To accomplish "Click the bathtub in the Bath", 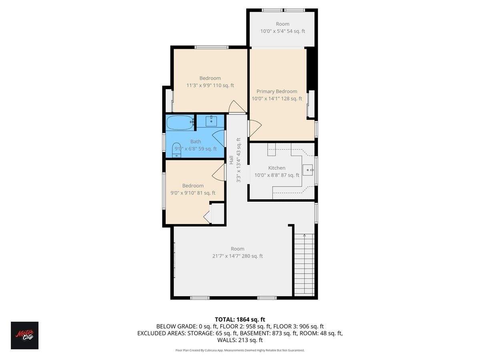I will tap(180, 122).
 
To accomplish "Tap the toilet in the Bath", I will tap(177, 151).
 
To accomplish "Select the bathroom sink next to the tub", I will tap(211, 120).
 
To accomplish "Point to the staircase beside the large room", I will tap(304, 264).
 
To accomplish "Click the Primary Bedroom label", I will tap(277, 91).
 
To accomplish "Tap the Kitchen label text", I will tap(277, 168).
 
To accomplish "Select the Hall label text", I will tap(231, 160).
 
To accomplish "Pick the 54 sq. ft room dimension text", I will tap(282, 31).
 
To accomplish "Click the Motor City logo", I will tap(24, 335).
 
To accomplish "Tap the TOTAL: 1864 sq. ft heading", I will tap(240, 319).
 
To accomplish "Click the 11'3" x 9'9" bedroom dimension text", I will tap(210, 85).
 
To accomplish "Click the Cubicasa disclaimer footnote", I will tap(240, 350).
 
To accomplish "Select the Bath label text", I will tap(196, 141).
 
